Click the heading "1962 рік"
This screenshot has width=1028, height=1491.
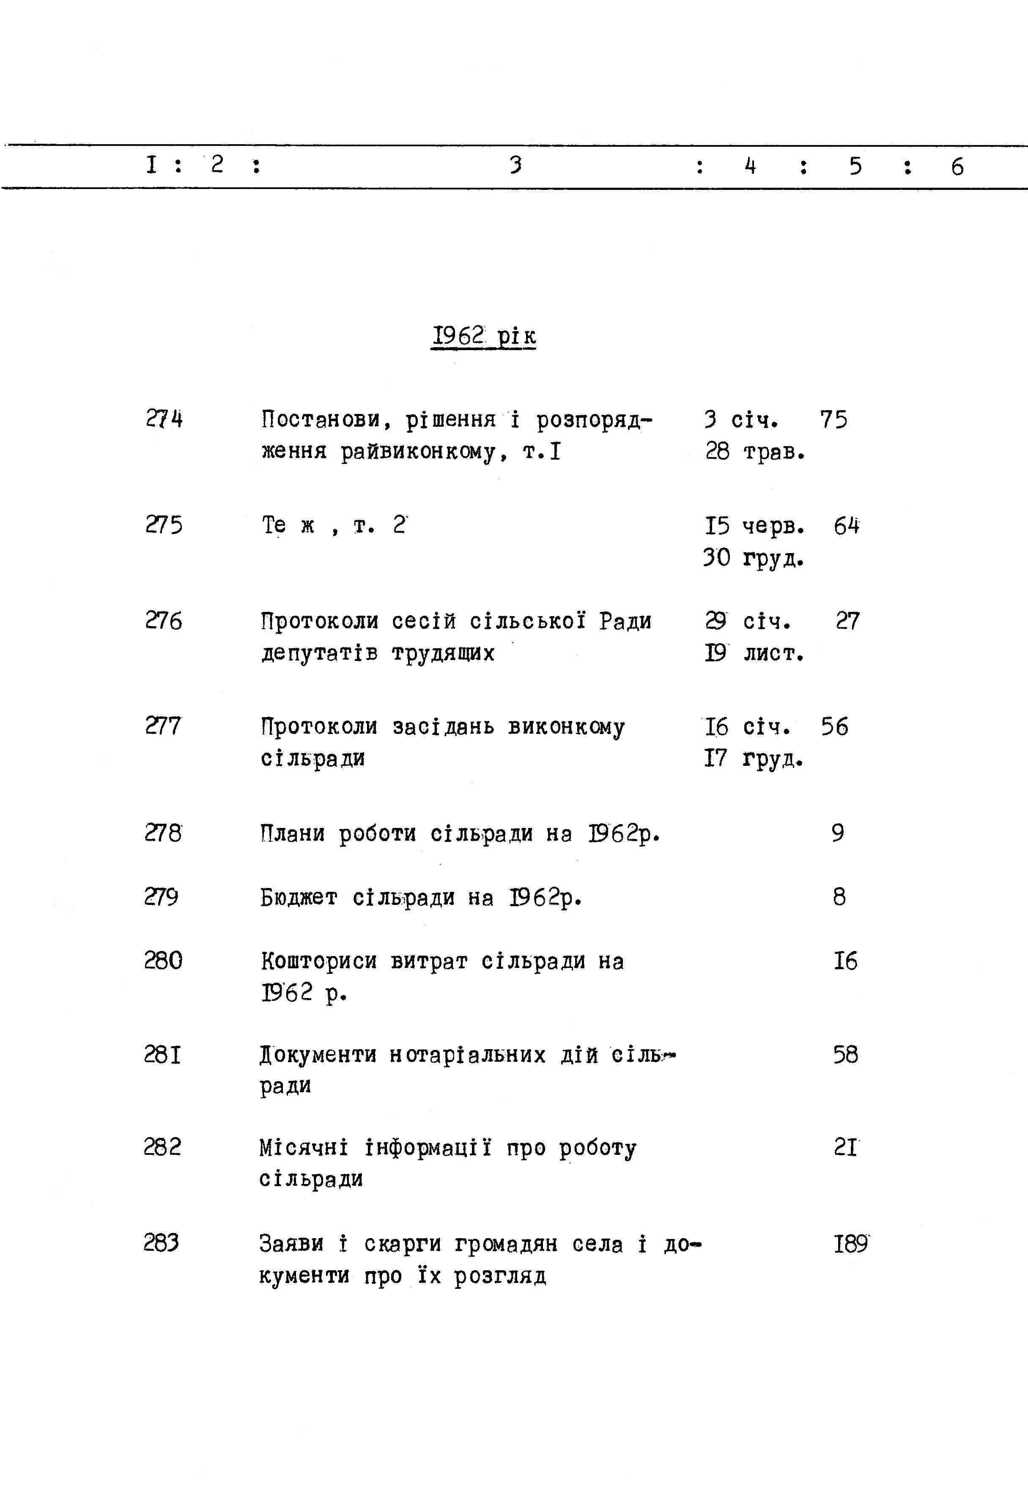click(483, 336)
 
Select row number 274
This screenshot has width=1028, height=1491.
click(164, 420)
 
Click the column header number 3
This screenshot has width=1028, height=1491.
click(515, 166)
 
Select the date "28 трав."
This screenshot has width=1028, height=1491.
click(755, 452)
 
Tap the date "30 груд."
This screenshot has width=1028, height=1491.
click(754, 558)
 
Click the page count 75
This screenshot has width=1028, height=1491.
click(833, 420)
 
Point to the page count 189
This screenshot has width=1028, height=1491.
click(851, 1244)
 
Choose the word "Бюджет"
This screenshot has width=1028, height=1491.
click(299, 897)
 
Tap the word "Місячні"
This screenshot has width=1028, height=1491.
click(303, 1148)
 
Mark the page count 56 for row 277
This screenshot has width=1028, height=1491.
click(835, 726)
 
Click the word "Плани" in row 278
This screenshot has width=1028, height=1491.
click(293, 833)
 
